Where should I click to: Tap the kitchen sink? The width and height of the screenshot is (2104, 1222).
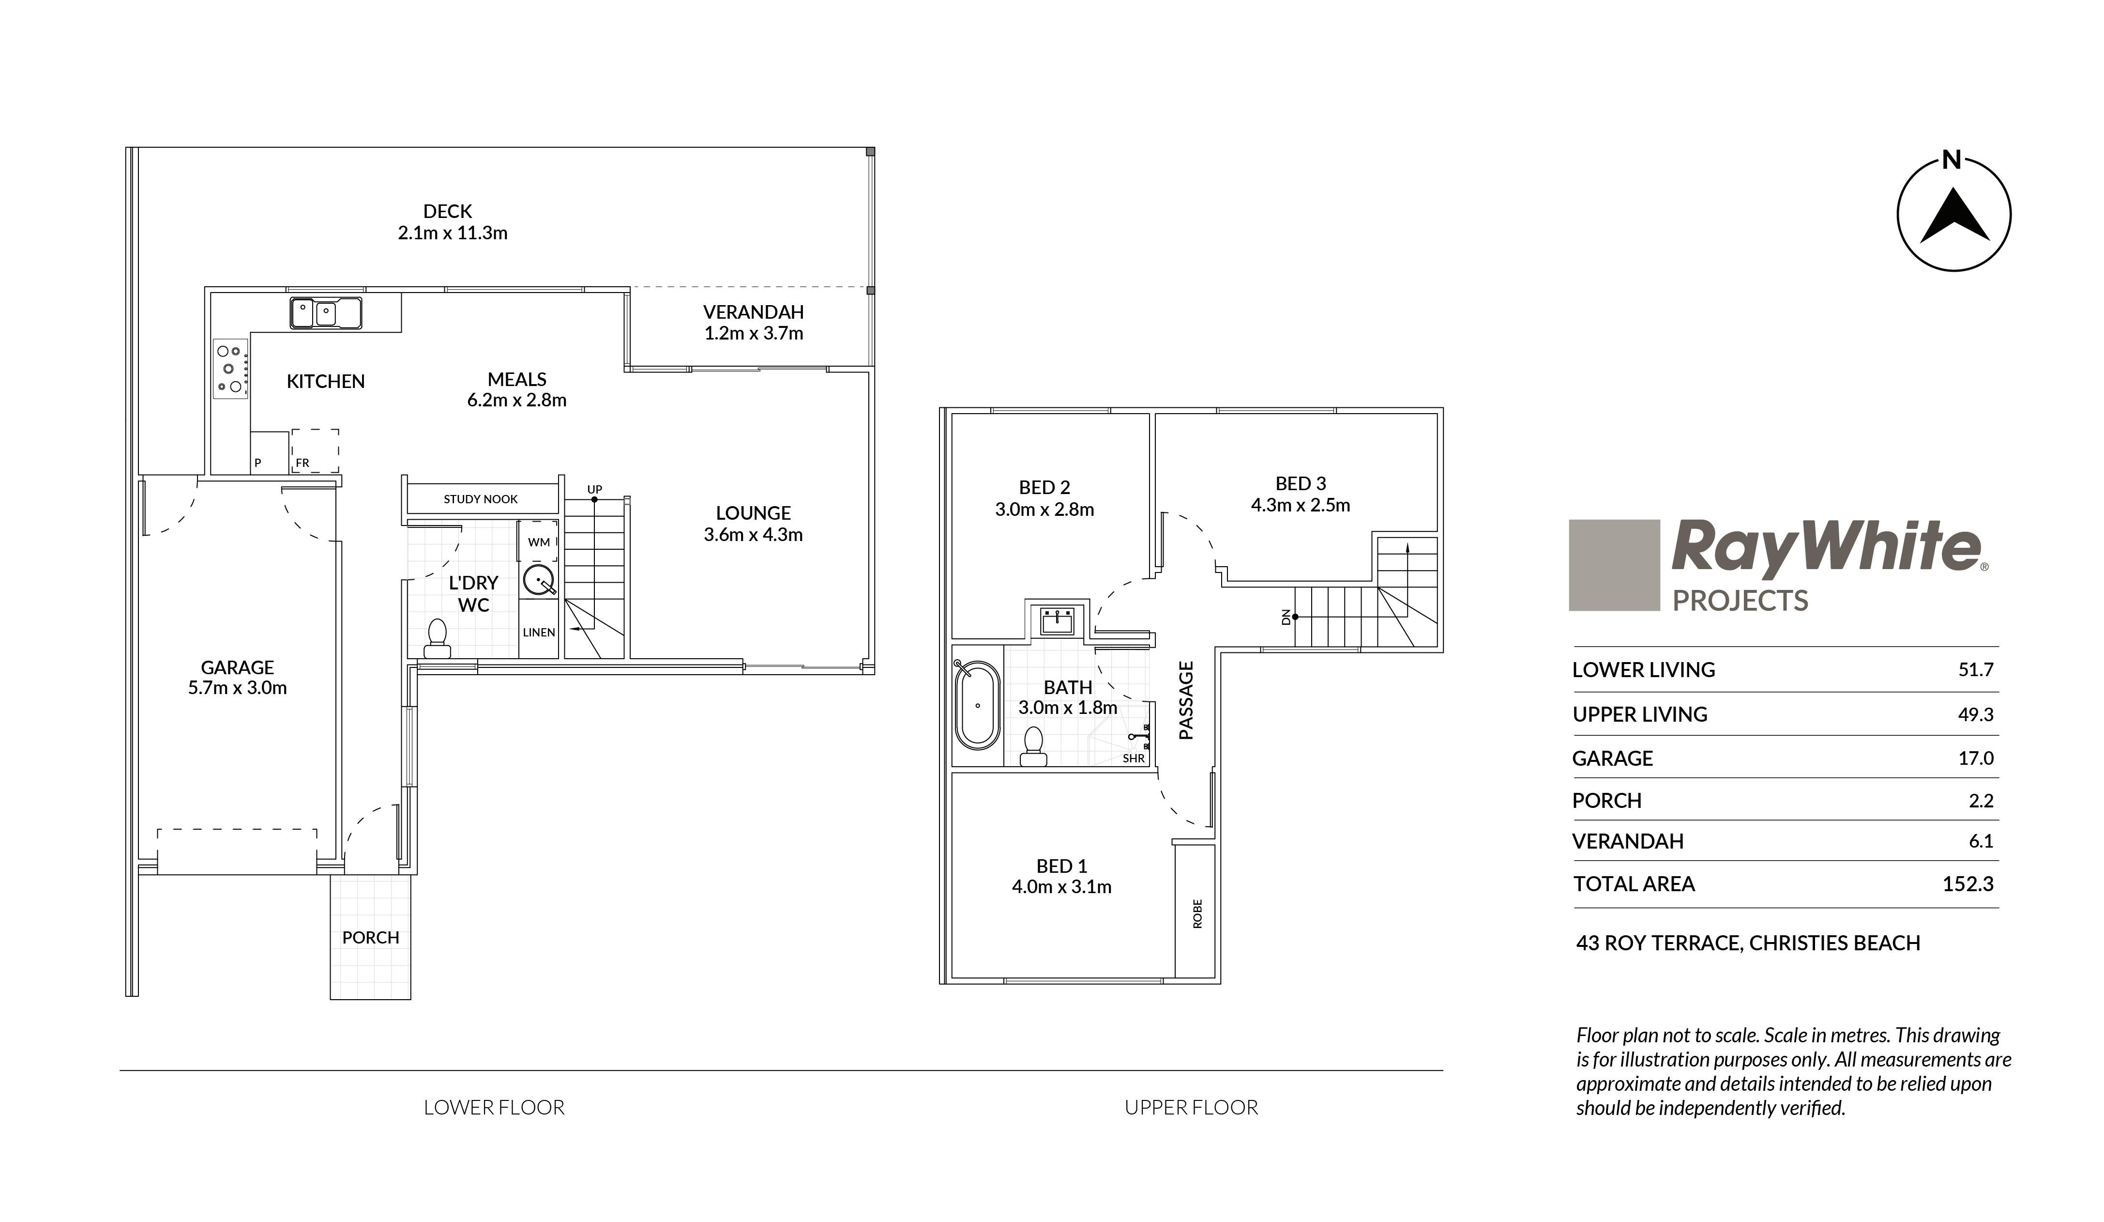point(326,313)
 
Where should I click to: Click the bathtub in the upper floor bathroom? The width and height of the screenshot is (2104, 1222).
point(977,705)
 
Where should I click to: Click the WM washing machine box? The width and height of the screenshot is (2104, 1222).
point(539,542)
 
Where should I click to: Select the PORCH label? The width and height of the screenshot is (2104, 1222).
point(371,937)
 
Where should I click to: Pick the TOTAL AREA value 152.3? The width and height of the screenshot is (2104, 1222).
point(1968,884)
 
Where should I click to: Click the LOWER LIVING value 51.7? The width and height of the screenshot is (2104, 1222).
point(1975,670)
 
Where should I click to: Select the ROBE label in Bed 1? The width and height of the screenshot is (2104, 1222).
point(1197,913)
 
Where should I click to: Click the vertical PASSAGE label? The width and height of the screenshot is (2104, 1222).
point(1186,700)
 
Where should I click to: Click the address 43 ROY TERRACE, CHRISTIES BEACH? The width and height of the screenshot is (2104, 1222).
point(1748,943)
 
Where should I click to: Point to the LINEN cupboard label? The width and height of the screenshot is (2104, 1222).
point(539,632)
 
